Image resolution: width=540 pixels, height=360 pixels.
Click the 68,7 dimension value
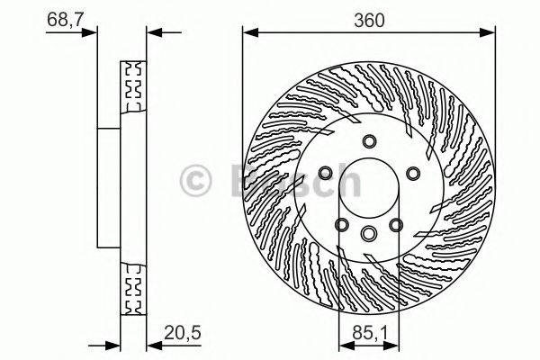pos(61,19)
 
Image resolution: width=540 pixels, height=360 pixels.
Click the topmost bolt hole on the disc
pos(369,140)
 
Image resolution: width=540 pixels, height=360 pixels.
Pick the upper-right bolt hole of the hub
pos(412,173)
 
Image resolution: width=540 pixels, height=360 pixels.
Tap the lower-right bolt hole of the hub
pos(396,224)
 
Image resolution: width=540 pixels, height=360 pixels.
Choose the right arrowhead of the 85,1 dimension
pos(393,346)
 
